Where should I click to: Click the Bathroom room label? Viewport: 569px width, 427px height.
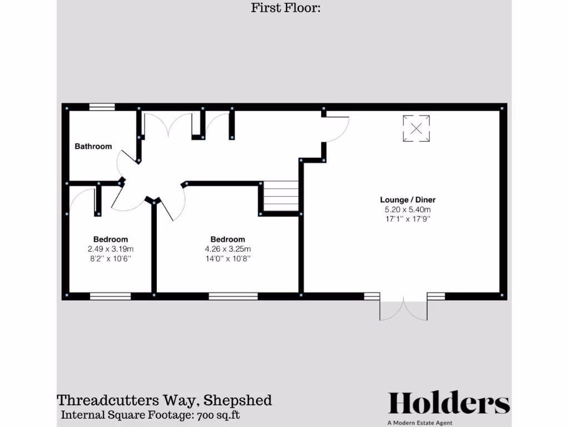(93, 147)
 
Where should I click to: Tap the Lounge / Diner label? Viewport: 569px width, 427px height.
(408, 200)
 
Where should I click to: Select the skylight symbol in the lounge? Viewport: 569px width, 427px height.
(416, 128)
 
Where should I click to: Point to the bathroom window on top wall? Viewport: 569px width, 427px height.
(102, 107)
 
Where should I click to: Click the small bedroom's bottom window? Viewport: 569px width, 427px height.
(110, 296)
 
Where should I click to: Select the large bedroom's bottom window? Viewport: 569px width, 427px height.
(233, 296)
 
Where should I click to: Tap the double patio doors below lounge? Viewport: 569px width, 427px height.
(404, 309)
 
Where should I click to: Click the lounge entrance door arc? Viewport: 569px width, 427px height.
(338, 128)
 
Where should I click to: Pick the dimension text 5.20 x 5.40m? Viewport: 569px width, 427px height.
(408, 210)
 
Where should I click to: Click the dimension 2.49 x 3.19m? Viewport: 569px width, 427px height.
(111, 249)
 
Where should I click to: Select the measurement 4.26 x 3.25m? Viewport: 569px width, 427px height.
(228, 249)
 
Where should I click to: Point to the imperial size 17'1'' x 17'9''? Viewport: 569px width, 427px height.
(408, 219)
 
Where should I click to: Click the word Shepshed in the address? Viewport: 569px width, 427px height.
(238, 400)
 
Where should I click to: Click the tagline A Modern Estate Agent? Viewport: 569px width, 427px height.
(421, 423)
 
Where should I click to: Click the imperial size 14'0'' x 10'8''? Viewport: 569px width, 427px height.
(228, 259)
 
